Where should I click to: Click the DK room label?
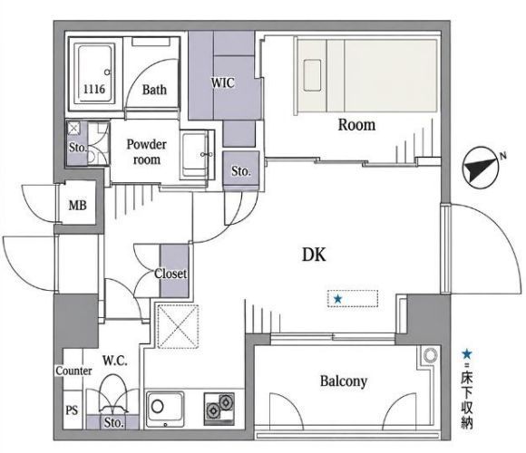[x=314, y=255]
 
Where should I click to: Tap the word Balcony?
[x=344, y=381]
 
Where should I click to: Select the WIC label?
[x=223, y=82]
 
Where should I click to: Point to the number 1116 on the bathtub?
[x=94, y=89]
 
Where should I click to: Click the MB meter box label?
[x=77, y=205]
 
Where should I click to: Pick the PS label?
[x=72, y=410]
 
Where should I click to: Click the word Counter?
[x=73, y=371]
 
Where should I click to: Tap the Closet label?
[x=170, y=274]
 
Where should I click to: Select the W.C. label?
[x=115, y=361]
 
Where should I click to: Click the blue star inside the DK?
[x=337, y=299]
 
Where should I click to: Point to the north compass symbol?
[x=481, y=168]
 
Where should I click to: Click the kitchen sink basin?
[x=165, y=409]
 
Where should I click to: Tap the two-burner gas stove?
[x=219, y=410]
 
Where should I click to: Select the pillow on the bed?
[x=312, y=75]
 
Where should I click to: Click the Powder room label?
[x=146, y=152]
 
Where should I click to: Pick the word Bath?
[x=154, y=90]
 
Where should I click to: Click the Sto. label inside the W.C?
[x=113, y=422]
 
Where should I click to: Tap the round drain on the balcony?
[x=430, y=355]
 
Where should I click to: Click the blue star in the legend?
[x=467, y=354]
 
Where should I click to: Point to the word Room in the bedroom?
[x=356, y=125]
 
